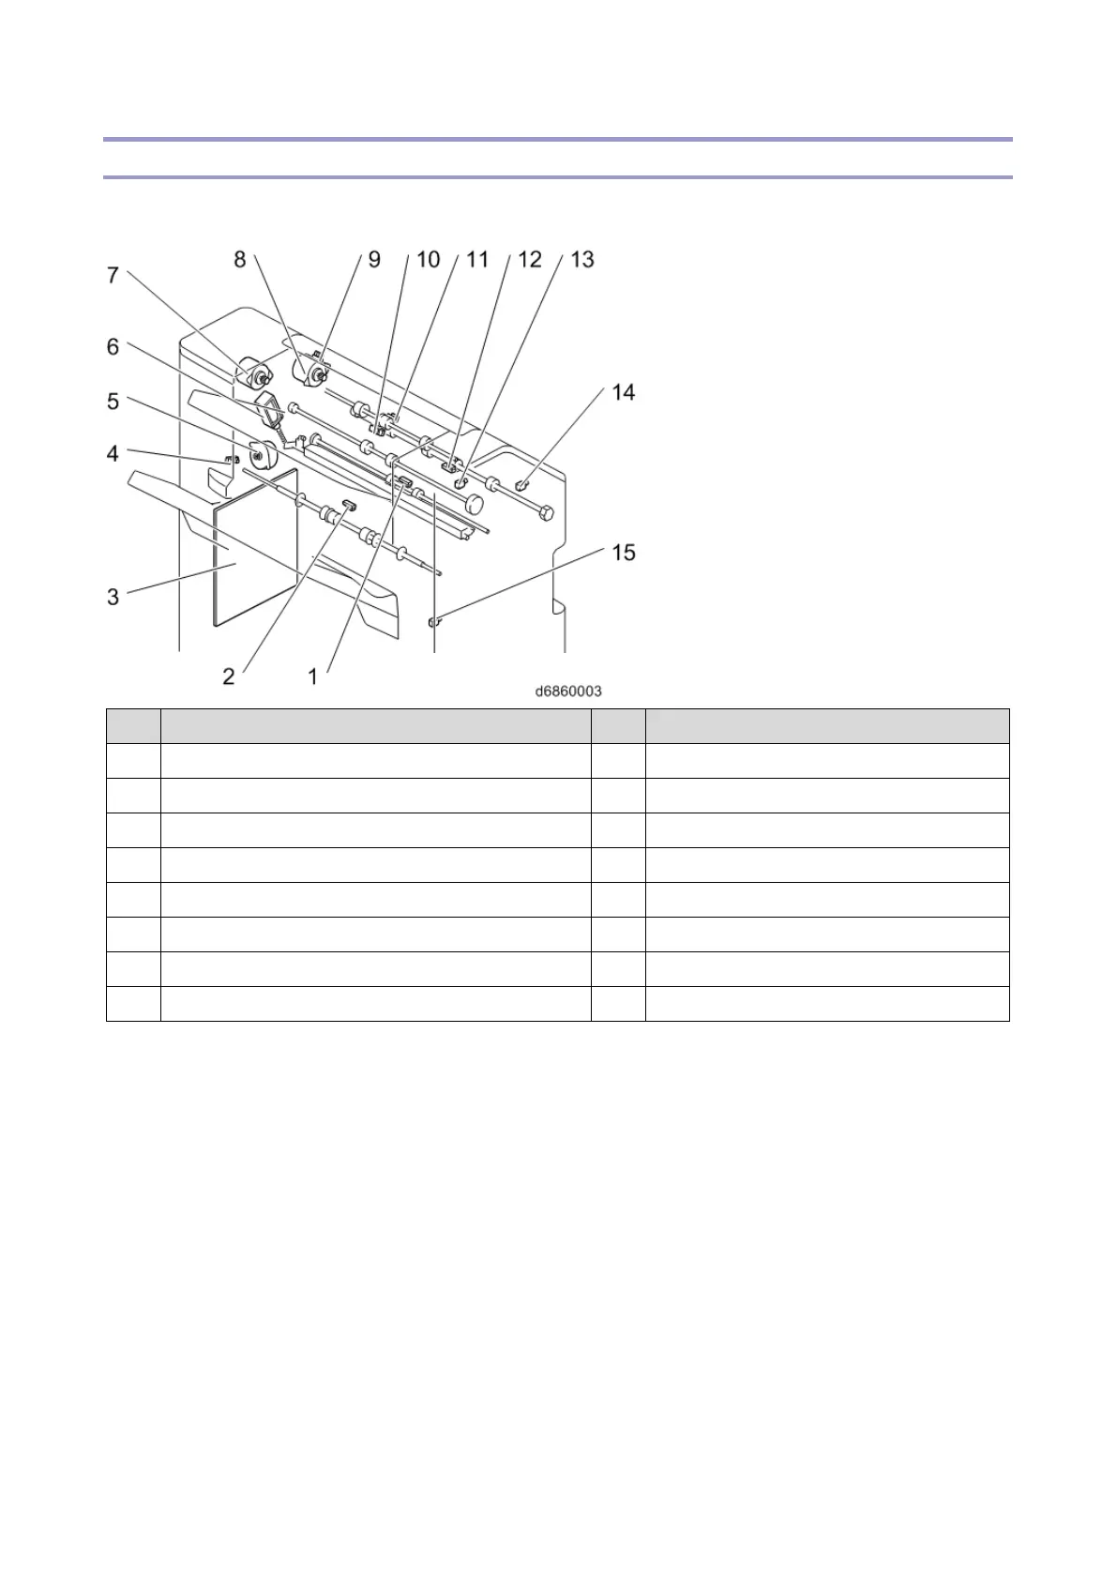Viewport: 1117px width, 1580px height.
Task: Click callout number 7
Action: coord(113,275)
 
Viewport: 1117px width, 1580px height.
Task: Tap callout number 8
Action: coord(240,259)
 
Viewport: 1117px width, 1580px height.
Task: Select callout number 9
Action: coord(374,259)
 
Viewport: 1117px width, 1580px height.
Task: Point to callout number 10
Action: coord(428,259)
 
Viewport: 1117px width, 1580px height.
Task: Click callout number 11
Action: coord(478,259)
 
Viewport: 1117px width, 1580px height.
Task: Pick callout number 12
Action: coord(530,259)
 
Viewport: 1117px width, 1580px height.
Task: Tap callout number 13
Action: coord(582,259)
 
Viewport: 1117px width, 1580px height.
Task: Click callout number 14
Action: coord(624,392)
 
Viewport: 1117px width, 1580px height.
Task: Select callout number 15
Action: coord(624,553)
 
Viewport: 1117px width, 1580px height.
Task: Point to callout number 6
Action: coord(113,347)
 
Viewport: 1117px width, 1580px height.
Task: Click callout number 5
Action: coord(113,402)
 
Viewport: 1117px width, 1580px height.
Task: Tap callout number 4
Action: coord(113,454)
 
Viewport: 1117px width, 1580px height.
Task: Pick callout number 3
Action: coord(113,597)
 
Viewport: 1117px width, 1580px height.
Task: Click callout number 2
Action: coord(229,676)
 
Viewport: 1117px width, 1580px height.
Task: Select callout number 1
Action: coord(313,676)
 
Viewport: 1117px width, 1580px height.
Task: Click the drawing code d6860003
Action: coord(568,691)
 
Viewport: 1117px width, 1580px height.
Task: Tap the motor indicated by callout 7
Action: coord(252,374)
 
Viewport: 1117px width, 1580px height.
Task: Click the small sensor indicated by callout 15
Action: coord(433,620)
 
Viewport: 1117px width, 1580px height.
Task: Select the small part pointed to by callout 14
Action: coord(522,484)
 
